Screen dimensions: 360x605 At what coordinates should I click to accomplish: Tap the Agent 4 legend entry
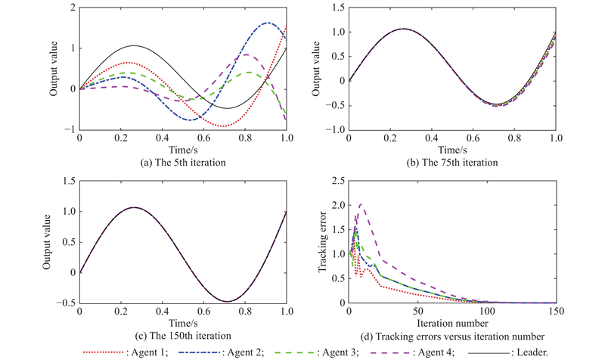tap(447, 351)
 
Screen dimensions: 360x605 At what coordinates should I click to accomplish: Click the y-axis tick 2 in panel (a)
tap(72, 8)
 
